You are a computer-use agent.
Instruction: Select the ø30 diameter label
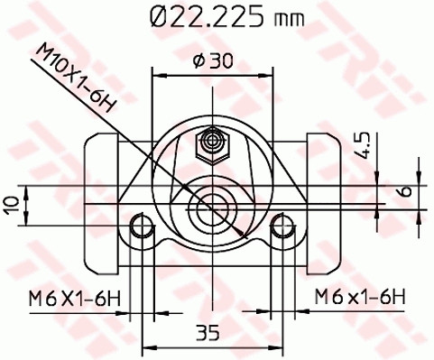(213, 60)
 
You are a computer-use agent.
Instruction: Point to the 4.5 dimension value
(361, 145)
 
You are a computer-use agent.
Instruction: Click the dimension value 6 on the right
(404, 190)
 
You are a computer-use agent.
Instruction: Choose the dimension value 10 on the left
(12, 204)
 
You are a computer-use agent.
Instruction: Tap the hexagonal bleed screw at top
(214, 141)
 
